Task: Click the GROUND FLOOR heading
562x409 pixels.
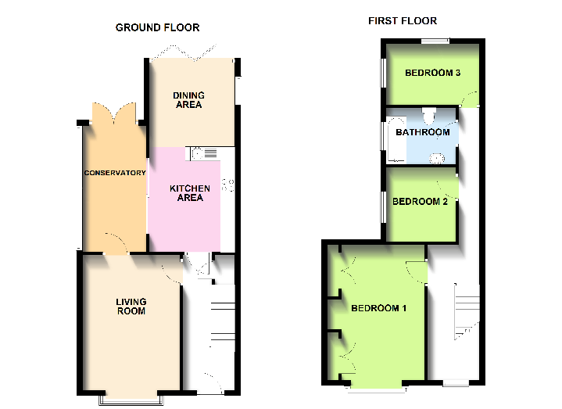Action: (x=157, y=27)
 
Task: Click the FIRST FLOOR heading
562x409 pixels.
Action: (x=403, y=20)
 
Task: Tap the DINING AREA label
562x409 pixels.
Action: (x=188, y=100)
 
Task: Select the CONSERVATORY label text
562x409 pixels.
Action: (x=115, y=173)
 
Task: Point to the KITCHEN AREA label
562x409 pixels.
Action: (x=190, y=193)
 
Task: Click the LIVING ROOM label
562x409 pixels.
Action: (x=131, y=307)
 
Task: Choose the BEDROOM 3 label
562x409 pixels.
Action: (x=431, y=74)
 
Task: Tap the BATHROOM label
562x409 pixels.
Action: (x=422, y=132)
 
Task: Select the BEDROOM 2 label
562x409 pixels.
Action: (x=420, y=202)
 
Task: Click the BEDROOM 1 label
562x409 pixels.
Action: (x=378, y=308)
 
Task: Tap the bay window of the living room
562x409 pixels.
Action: (x=130, y=399)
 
